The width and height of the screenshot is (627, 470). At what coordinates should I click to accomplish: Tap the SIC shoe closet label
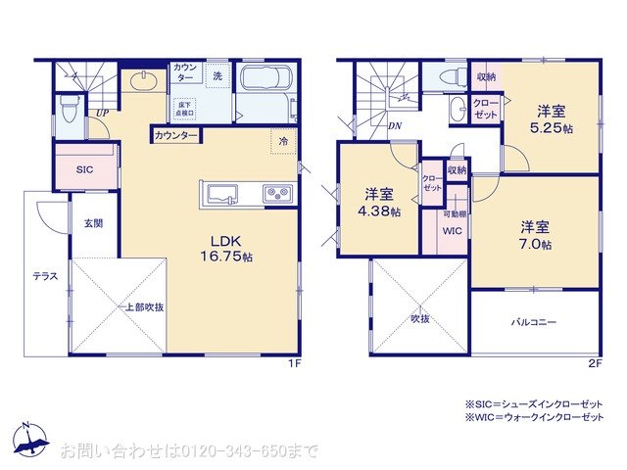84,169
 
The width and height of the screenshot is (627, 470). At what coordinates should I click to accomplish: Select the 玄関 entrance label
93,223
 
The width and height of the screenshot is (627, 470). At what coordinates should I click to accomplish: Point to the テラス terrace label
44,276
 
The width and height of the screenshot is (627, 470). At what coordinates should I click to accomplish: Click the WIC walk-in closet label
452,232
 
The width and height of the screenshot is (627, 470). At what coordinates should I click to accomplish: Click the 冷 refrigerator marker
283,142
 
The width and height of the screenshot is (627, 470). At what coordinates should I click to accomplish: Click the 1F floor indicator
293,363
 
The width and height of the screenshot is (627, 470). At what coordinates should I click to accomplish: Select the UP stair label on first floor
101,113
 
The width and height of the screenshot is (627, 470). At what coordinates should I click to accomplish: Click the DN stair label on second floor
393,124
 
